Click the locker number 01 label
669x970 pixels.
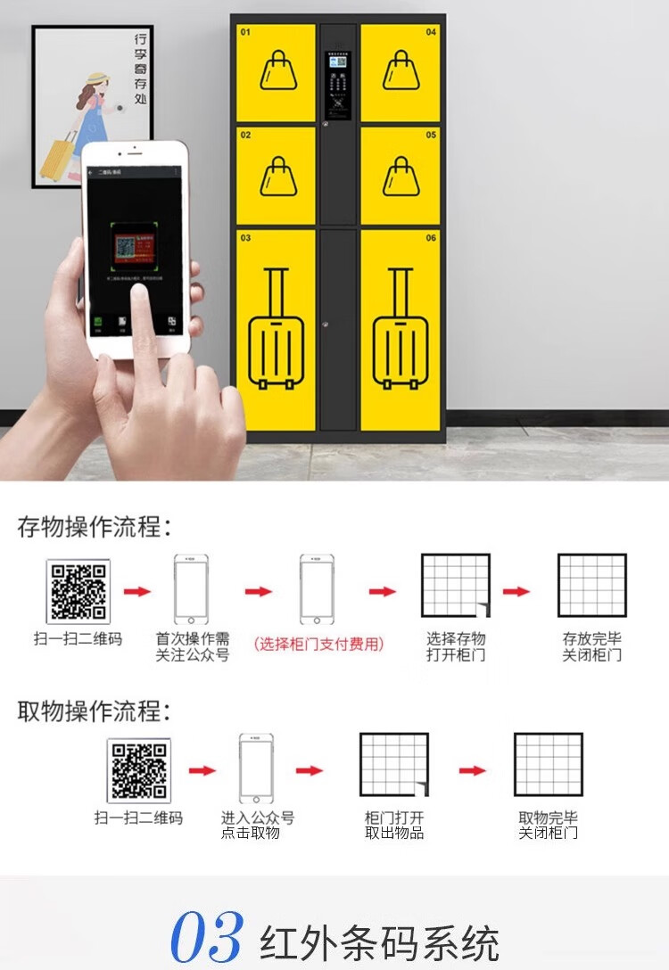click(245, 32)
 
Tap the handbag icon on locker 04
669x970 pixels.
click(401, 70)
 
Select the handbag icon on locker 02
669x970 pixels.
click(278, 177)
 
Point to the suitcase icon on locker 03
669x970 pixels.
click(277, 329)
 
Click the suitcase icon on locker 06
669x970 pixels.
click(401, 329)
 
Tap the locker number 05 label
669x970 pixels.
click(431, 136)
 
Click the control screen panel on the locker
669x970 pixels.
click(338, 86)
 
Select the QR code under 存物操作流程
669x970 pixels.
click(78, 591)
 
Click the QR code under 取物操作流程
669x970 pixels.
click(139, 770)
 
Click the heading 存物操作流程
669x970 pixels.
click(94, 526)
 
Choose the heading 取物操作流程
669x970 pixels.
click(94, 711)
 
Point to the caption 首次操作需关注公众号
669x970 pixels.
click(193, 647)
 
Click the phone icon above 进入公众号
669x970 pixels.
click(256, 769)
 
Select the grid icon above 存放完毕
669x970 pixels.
click(592, 586)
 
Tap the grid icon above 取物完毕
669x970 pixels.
click(549, 765)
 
